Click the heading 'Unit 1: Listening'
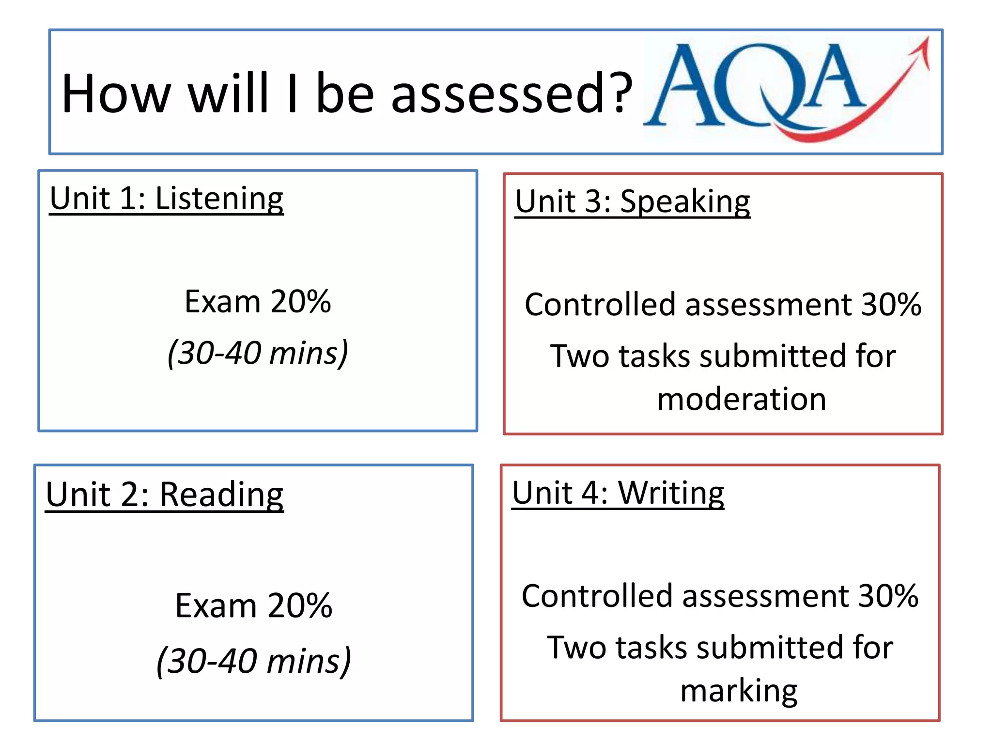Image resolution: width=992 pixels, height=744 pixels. [166, 199]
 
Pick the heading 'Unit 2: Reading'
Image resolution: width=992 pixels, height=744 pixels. [165, 495]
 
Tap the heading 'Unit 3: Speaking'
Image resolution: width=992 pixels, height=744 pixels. [632, 201]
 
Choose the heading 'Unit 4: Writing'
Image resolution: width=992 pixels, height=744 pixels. [618, 493]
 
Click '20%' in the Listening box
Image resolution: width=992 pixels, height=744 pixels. [300, 302]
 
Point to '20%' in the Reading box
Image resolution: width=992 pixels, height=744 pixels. [300, 605]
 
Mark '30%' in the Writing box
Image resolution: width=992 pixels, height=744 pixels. [888, 596]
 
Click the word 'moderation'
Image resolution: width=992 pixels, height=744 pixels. [742, 399]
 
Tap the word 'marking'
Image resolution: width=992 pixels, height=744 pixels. [739, 691]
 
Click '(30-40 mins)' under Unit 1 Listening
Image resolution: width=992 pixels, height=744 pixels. [258, 353]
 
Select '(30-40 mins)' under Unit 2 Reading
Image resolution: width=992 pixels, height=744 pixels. [254, 661]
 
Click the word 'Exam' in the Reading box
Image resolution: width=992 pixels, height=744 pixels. [216, 605]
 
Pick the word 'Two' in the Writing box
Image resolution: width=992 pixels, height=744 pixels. [576, 647]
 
